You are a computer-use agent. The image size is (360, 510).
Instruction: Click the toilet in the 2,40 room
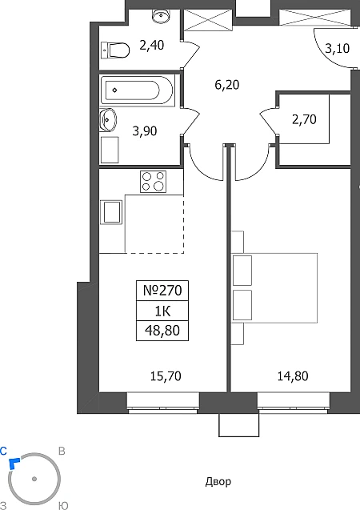tap(115, 50)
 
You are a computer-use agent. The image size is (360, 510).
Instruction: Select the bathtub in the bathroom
tap(137, 90)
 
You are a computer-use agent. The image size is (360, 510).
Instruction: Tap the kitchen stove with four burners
tap(153, 182)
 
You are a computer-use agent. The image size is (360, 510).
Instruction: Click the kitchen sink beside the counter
tap(111, 212)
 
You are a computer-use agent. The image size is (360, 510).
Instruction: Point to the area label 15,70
tap(166, 376)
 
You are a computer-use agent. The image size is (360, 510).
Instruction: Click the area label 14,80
tap(293, 376)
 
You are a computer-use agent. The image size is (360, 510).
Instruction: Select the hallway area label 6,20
tap(226, 85)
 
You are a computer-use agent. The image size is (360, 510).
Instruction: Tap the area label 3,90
tap(145, 131)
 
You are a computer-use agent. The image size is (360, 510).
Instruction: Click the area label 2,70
tap(304, 119)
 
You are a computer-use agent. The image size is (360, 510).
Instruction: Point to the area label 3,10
tap(338, 48)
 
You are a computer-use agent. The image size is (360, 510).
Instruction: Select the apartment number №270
tap(162, 290)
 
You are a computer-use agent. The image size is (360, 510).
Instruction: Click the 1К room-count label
tap(162, 311)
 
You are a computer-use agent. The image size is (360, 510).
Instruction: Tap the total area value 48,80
tap(162, 331)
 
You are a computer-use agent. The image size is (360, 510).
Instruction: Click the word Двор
tap(218, 482)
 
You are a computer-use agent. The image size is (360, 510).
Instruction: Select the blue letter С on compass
tap(3, 451)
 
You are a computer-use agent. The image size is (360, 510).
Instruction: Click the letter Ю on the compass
tap(63, 506)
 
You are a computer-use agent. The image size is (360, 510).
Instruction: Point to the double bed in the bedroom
tap(274, 288)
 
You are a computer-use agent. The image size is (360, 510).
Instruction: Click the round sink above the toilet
tap(161, 15)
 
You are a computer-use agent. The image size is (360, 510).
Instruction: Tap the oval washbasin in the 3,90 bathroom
tap(108, 120)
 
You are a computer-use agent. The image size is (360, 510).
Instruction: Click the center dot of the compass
tap(34, 479)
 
